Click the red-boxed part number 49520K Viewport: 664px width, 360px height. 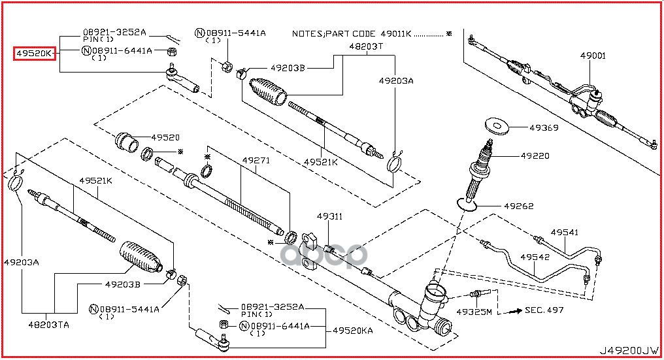coord(35,53)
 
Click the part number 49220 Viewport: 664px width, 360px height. coord(535,156)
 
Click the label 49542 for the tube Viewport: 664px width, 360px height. coord(535,257)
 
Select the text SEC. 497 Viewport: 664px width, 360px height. coord(544,310)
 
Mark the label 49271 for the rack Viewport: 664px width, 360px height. coord(256,160)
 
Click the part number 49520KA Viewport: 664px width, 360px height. coord(352,331)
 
